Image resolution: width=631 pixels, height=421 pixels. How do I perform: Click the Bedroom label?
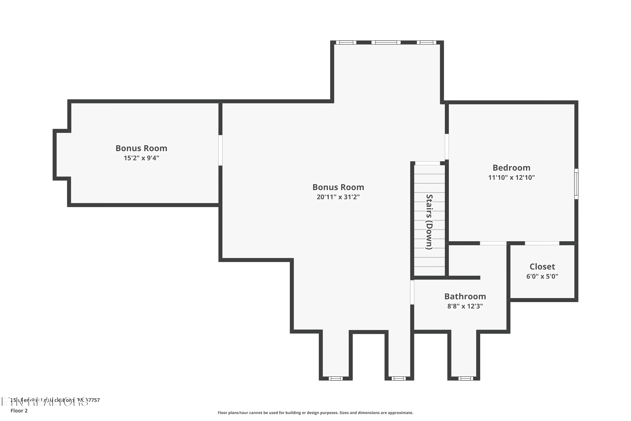coord(511,168)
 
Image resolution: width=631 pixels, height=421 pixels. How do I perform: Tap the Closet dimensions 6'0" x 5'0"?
coord(542,276)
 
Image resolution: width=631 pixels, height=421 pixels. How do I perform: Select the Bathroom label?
coord(465,296)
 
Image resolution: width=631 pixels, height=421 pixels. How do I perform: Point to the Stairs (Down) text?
coord(429,222)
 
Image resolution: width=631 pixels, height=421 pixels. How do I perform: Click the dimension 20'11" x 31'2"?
coord(338,197)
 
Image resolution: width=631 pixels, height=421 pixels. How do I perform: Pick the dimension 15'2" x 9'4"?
coord(141,158)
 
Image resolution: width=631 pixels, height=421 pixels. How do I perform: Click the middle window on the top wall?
coord(386,43)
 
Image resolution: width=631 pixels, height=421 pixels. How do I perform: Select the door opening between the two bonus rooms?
coord(220,150)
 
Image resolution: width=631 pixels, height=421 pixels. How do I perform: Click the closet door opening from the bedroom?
coord(542,243)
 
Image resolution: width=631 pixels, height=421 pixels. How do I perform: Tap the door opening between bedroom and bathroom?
coord(493,243)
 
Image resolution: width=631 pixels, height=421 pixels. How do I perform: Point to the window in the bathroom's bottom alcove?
coord(465,378)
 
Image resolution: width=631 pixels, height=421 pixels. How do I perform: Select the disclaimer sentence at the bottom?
coord(315,413)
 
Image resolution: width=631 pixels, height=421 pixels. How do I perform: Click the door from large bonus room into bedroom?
coord(447,147)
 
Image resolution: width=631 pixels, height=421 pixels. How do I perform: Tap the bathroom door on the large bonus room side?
coord(412,292)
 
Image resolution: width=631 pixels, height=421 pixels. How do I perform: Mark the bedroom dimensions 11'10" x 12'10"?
coord(511,177)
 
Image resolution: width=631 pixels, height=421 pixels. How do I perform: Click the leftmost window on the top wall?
coord(346,43)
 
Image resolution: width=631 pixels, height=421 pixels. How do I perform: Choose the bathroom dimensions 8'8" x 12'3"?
coord(465,306)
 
